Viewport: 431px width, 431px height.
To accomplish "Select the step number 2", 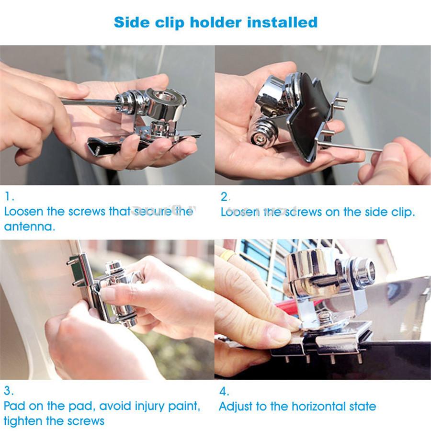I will [225, 196].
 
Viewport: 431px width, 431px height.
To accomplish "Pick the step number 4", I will [224, 391].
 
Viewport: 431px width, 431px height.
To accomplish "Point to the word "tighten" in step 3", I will [24, 421].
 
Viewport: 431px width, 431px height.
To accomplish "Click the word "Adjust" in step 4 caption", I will [236, 407].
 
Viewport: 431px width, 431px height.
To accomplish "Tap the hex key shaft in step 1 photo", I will [89, 102].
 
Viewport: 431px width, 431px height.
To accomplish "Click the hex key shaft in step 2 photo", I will [354, 147].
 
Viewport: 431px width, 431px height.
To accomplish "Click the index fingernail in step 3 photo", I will [107, 294].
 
